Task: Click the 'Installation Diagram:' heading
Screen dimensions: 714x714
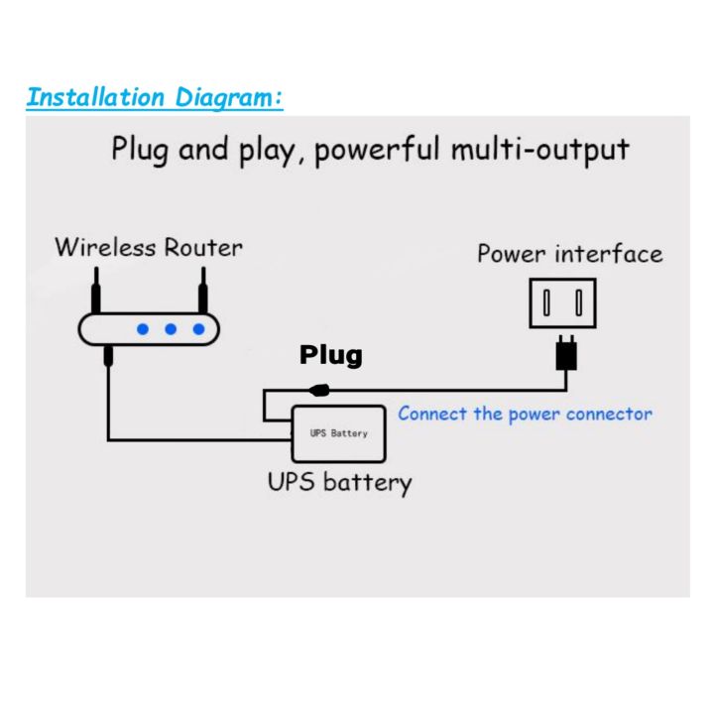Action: [155, 97]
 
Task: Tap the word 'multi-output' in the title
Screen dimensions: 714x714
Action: [540, 150]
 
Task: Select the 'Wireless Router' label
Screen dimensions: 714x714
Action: [148, 247]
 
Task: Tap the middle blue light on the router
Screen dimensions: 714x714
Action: [171, 328]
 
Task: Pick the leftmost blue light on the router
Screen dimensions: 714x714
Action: [143, 328]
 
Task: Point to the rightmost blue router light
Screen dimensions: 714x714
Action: [199, 328]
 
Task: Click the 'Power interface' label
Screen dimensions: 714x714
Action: [569, 254]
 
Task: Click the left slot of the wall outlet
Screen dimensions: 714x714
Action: [548, 302]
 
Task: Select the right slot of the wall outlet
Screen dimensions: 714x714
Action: [579, 302]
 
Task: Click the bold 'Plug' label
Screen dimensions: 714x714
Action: [331, 354]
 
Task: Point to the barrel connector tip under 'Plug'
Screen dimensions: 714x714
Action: [320, 389]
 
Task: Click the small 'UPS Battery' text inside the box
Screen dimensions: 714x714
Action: [338, 434]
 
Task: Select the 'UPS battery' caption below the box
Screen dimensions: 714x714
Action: [339, 483]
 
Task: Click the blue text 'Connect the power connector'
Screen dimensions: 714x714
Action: [525, 414]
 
